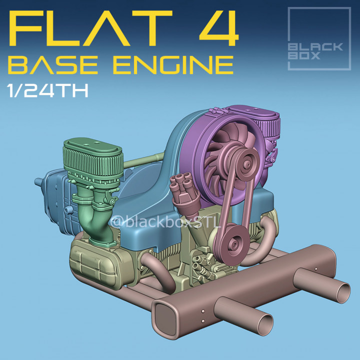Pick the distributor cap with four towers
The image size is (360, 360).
(180, 185)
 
